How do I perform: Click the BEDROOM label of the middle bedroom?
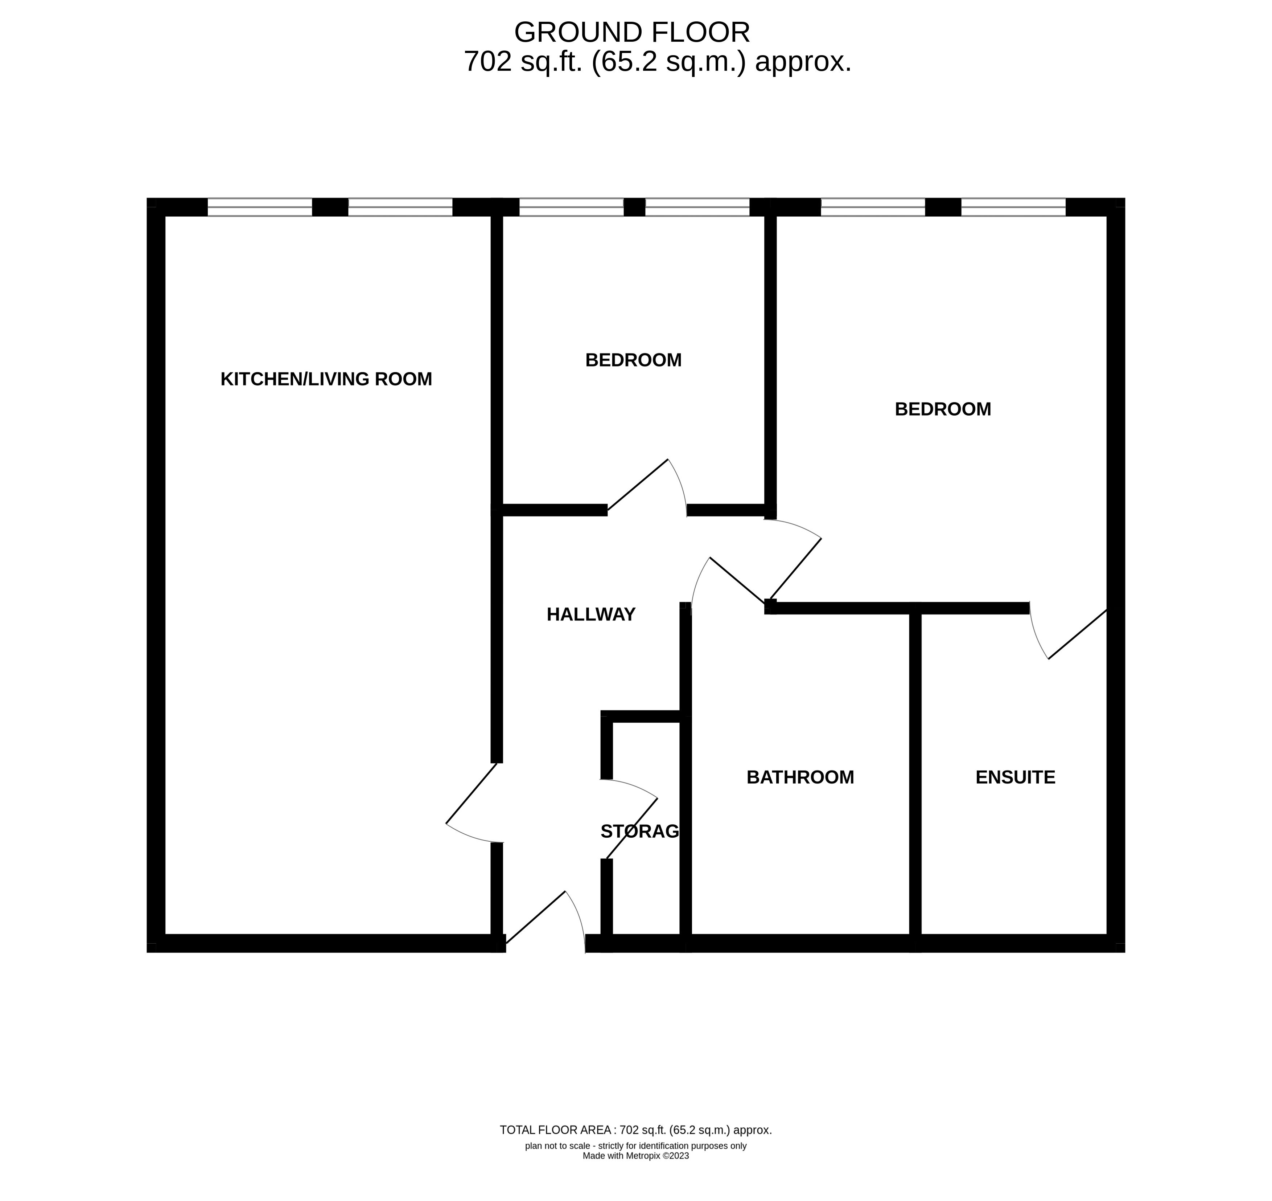pos(633,360)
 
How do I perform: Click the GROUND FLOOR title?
pos(632,32)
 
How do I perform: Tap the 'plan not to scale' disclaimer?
pos(636,1146)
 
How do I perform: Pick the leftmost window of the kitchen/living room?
pos(260,207)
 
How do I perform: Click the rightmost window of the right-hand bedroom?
pos(1013,207)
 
